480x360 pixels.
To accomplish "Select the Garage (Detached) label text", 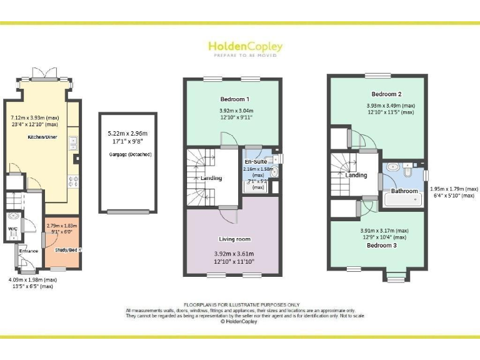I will (130, 154).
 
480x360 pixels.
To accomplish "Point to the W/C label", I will (13, 229).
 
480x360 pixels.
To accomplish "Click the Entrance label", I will (29, 251).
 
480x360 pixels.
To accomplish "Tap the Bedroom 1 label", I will (234, 99).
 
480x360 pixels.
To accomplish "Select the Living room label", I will (234, 239).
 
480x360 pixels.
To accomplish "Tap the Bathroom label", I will (404, 191).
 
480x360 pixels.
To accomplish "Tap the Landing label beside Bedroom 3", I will (356, 175).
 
